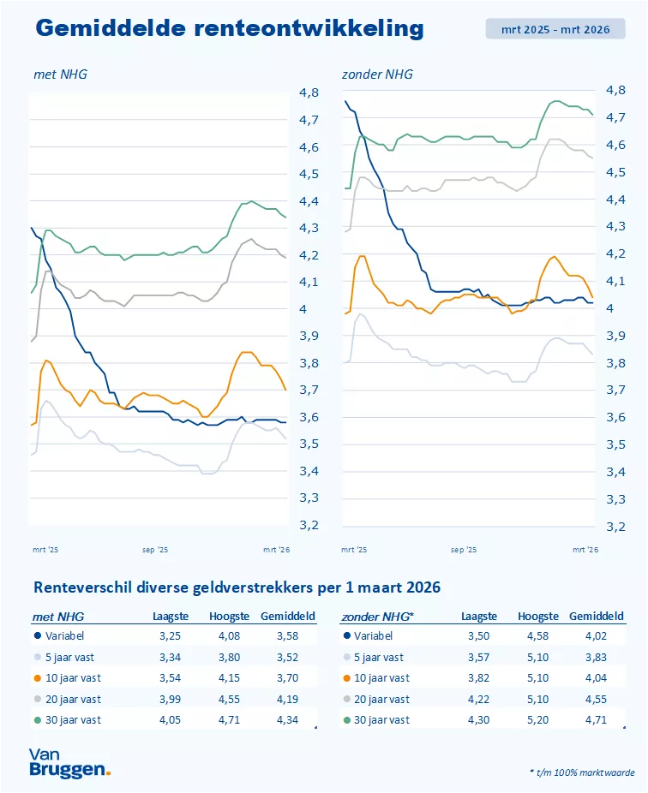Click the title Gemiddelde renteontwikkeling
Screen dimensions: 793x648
(x=230, y=28)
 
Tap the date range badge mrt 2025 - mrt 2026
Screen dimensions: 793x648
(x=555, y=29)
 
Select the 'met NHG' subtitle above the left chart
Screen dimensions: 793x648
(x=60, y=75)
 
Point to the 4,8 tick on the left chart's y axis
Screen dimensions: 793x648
(x=308, y=92)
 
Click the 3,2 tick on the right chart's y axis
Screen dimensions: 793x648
(x=616, y=526)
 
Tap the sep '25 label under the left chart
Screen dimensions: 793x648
(x=155, y=550)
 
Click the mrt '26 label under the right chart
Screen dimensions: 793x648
(x=585, y=550)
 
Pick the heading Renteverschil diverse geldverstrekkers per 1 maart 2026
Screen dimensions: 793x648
(x=237, y=587)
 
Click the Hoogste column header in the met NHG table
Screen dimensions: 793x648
(x=229, y=617)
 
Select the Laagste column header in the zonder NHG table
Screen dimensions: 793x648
(x=478, y=617)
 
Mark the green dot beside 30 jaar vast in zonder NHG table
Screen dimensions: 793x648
(x=345, y=720)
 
